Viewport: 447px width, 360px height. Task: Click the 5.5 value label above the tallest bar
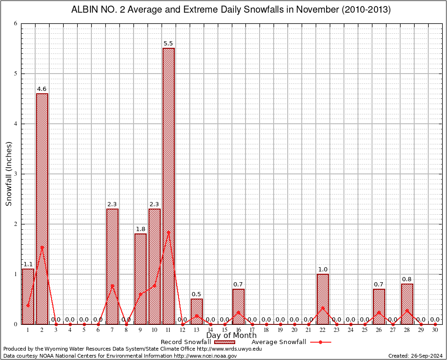pyautogui.click(x=168, y=44)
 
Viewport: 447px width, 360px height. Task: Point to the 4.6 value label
pyautogui.click(x=42, y=89)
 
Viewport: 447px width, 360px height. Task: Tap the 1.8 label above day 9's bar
pyautogui.click(x=140, y=229)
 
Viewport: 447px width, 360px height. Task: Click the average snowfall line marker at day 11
pyautogui.click(x=168, y=232)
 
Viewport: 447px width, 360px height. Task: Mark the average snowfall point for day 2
pyautogui.click(x=42, y=247)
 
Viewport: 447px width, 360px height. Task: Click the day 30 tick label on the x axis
pyautogui.click(x=435, y=330)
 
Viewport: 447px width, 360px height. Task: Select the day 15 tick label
pyautogui.click(x=224, y=330)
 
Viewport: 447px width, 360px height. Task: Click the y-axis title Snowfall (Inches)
pyautogui.click(x=9, y=174)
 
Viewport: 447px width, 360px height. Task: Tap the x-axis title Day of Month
pyautogui.click(x=231, y=336)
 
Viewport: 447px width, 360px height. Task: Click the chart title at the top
pyautogui.click(x=231, y=10)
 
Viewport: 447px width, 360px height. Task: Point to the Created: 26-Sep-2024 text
pyautogui.click(x=415, y=356)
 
